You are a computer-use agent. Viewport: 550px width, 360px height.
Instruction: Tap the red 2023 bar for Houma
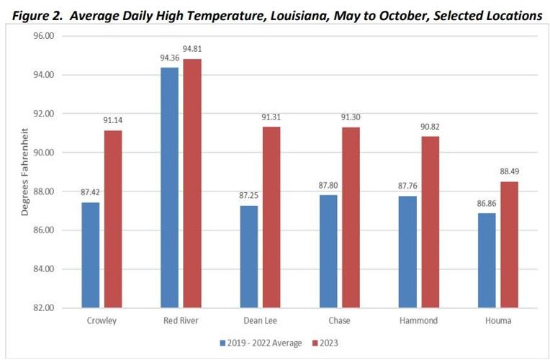(509, 245)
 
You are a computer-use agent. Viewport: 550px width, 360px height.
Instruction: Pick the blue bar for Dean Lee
(248, 256)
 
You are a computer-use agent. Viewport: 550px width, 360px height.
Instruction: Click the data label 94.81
(193, 50)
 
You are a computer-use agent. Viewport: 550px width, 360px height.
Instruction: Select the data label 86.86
(486, 204)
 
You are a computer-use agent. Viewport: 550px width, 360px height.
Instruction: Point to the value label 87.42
(90, 193)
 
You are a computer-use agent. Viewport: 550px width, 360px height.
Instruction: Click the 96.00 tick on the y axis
(45, 36)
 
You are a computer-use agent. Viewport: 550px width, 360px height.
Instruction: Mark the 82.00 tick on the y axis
(45, 308)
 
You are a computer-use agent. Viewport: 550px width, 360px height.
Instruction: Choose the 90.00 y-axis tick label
(45, 153)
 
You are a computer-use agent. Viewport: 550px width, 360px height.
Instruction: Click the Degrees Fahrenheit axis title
(26, 171)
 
